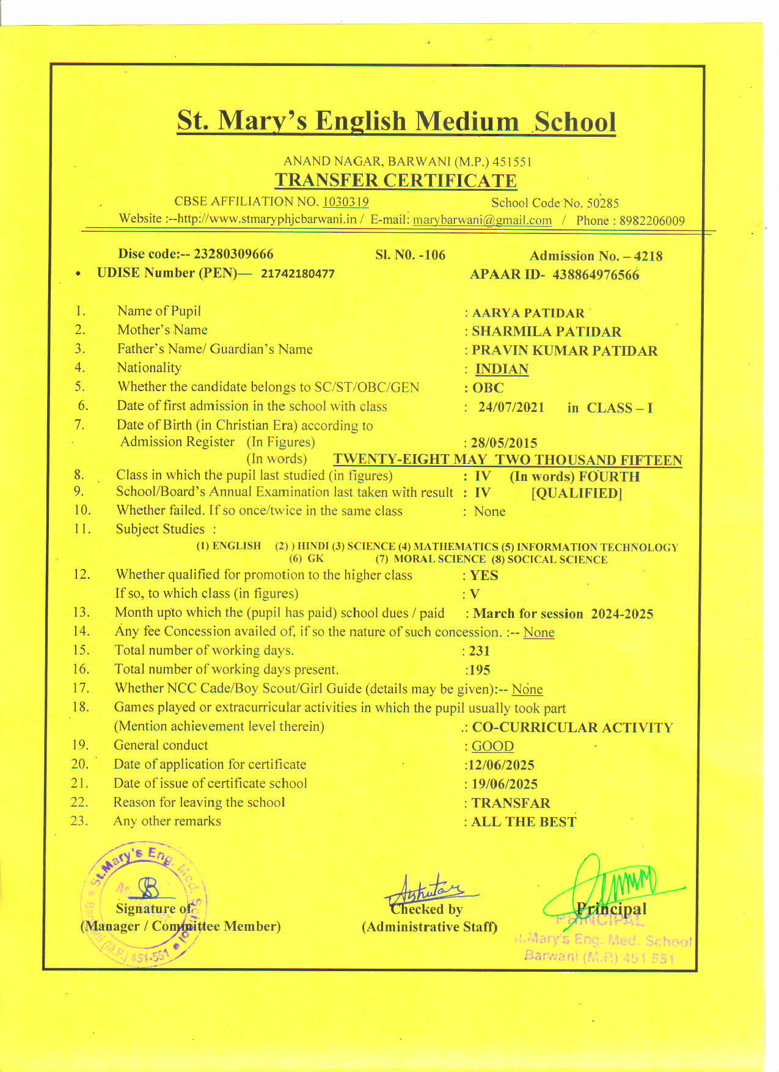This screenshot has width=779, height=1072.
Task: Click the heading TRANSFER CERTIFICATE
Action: pyautogui.click(x=395, y=181)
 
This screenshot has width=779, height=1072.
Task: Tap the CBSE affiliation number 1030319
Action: pyautogui.click(x=345, y=202)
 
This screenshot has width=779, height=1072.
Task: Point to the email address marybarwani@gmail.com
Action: pyautogui.click(x=482, y=220)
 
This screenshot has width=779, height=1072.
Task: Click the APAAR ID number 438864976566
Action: pyautogui.click(x=596, y=275)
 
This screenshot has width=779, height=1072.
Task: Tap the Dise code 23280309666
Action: pyautogui.click(x=233, y=254)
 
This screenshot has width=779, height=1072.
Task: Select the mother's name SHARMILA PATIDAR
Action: pyautogui.click(x=546, y=332)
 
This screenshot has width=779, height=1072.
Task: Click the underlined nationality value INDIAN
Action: pyautogui.click(x=502, y=369)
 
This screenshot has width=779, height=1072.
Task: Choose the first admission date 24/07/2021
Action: pyautogui.click(x=511, y=408)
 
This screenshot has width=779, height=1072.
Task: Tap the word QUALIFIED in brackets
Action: pyautogui.click(x=577, y=493)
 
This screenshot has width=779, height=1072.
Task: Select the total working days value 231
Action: pyautogui.click(x=480, y=652)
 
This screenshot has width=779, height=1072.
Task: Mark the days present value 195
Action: pyautogui.click(x=480, y=670)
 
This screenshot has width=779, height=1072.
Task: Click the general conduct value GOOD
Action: pyautogui.click(x=492, y=746)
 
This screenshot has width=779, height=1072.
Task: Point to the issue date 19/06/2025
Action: pyautogui.click(x=504, y=784)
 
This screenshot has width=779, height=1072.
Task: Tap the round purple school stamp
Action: pyautogui.click(x=145, y=905)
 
